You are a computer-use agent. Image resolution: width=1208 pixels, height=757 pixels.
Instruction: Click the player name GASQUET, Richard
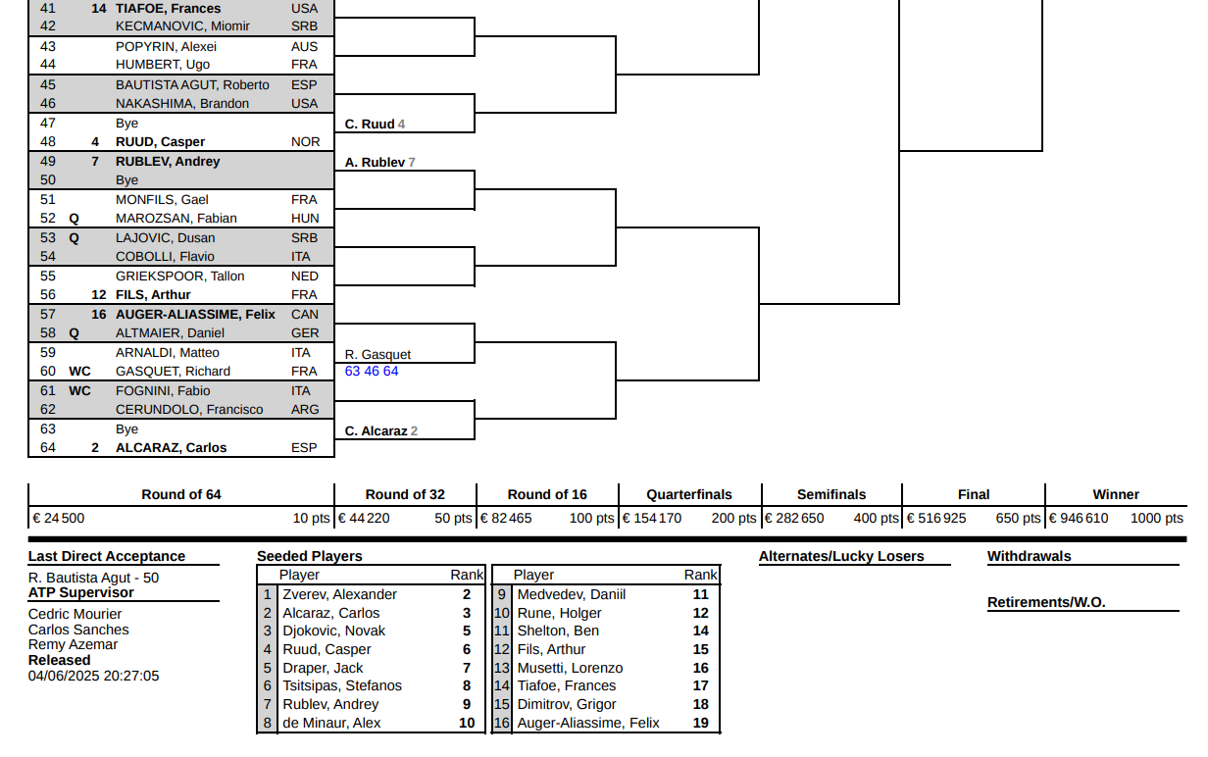(173, 372)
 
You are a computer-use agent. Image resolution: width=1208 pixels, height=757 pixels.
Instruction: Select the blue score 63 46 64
(372, 372)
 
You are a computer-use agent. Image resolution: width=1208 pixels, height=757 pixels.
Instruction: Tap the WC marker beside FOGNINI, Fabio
(79, 391)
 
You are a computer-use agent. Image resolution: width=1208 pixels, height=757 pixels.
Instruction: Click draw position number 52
(48, 219)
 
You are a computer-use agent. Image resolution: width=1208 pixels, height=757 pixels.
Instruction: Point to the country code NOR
(305, 142)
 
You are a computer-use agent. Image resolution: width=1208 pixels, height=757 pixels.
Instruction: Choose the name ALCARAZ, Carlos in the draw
(171, 448)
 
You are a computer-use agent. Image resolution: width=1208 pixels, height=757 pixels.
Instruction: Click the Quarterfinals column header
(689, 494)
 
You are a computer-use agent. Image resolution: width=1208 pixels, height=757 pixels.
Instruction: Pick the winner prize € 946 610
(1078, 518)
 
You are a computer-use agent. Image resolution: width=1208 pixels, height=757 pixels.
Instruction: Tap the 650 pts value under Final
(1018, 518)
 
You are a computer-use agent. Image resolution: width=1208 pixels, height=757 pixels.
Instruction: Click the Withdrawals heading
(1029, 556)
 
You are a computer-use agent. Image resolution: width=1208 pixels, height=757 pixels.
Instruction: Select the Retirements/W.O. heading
(1046, 602)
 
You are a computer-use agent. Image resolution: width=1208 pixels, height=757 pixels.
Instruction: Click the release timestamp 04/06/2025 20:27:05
(93, 677)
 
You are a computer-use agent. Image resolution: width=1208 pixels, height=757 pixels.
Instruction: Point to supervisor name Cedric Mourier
(75, 614)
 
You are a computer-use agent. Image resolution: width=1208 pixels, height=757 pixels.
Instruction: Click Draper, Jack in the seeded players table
(323, 668)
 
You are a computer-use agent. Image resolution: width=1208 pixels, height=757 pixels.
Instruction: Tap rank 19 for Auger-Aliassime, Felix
(700, 723)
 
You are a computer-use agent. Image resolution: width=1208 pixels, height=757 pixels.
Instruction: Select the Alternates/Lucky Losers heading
(841, 556)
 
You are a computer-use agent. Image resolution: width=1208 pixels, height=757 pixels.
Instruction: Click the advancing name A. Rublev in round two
(375, 163)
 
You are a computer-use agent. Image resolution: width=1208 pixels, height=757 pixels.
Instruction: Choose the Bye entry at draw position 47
(126, 124)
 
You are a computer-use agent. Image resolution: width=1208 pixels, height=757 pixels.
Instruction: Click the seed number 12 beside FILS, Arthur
(99, 295)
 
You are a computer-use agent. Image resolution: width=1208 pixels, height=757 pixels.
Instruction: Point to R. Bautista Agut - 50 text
(93, 578)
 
